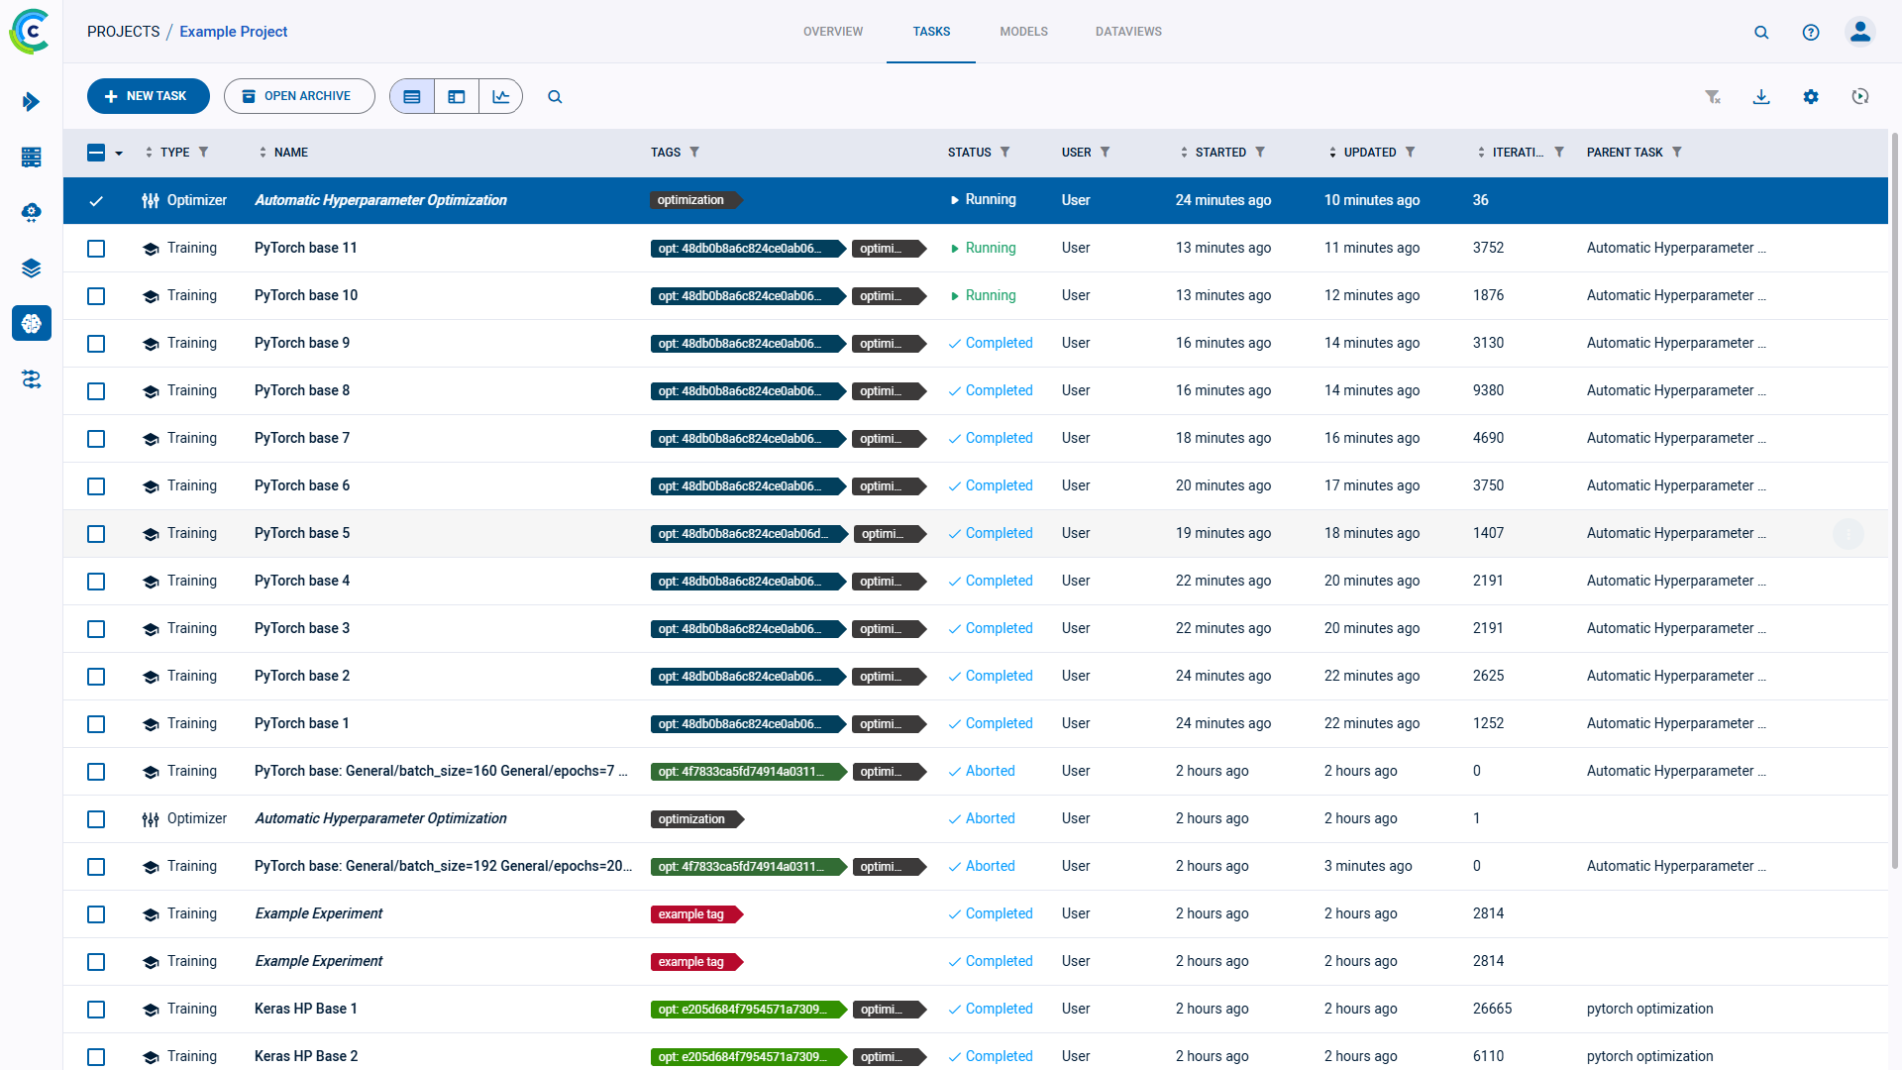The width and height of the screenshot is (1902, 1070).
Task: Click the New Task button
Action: point(148,96)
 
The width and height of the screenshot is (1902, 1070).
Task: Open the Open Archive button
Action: point(298,96)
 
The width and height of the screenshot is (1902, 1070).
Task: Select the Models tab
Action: point(1023,32)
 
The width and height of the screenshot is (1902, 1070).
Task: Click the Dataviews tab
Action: point(1128,32)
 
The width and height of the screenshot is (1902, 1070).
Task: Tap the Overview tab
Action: point(832,32)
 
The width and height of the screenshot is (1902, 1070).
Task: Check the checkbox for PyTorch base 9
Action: point(96,344)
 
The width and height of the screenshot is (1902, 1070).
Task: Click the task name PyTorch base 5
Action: point(301,533)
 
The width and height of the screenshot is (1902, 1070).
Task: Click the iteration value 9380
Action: point(1488,390)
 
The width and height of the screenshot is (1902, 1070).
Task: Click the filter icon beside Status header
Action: point(1005,152)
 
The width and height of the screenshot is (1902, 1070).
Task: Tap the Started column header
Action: point(1220,152)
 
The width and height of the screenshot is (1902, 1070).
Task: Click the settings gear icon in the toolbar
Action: point(1811,96)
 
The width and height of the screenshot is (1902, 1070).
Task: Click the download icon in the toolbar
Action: point(1761,96)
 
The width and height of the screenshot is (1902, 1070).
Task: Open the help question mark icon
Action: point(1811,32)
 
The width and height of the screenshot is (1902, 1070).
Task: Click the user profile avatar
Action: point(1860,32)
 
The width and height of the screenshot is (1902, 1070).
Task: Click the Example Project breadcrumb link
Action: point(233,32)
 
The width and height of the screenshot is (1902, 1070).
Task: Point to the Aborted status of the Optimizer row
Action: point(990,818)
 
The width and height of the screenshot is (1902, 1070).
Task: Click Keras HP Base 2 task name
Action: point(305,1056)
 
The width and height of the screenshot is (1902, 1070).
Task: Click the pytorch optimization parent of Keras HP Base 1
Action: point(1649,1009)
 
